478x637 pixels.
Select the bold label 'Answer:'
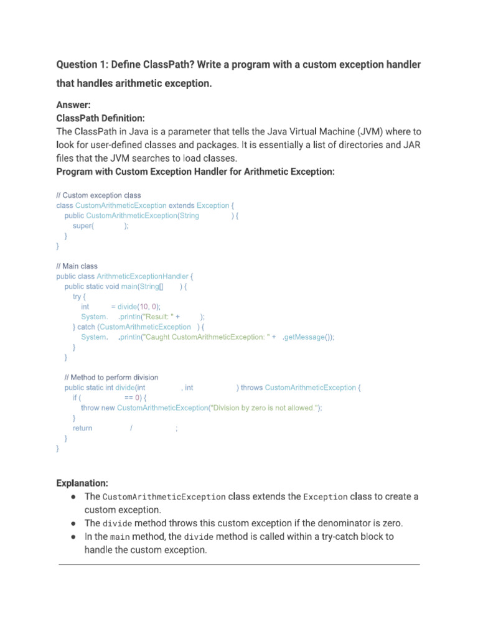coord(73,105)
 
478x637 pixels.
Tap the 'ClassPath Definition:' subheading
coord(100,118)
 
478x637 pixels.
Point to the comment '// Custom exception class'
coord(98,195)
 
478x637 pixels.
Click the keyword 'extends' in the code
coord(182,205)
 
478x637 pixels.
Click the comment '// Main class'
coord(77,266)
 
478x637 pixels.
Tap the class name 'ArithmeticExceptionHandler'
coord(143,276)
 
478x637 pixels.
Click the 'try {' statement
coord(79,297)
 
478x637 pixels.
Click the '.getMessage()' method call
coord(307,337)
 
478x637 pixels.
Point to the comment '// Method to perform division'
coord(111,378)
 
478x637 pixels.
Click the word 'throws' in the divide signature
coord(251,388)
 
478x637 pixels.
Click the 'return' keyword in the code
coord(82,428)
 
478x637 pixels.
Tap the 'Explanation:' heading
coord(82,483)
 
